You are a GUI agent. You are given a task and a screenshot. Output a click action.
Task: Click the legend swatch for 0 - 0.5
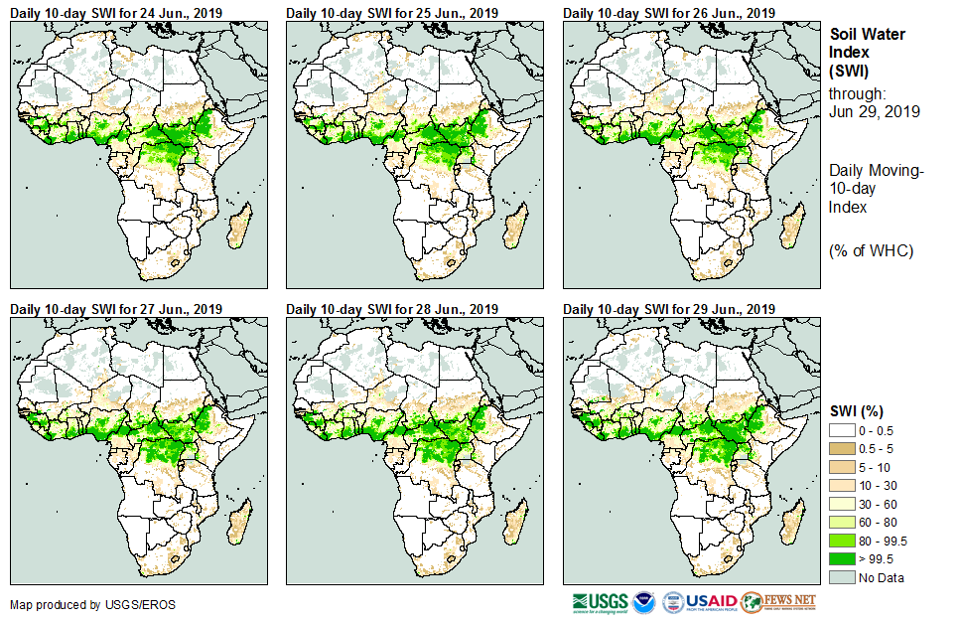(x=842, y=429)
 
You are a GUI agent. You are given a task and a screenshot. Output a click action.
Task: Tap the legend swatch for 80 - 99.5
(x=842, y=541)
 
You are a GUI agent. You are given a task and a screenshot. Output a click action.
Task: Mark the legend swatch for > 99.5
(x=842, y=559)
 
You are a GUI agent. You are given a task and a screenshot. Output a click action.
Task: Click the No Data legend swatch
(x=842, y=577)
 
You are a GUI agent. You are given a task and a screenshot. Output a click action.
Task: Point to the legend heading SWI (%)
(x=857, y=410)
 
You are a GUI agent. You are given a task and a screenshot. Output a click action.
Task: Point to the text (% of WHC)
(x=871, y=250)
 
